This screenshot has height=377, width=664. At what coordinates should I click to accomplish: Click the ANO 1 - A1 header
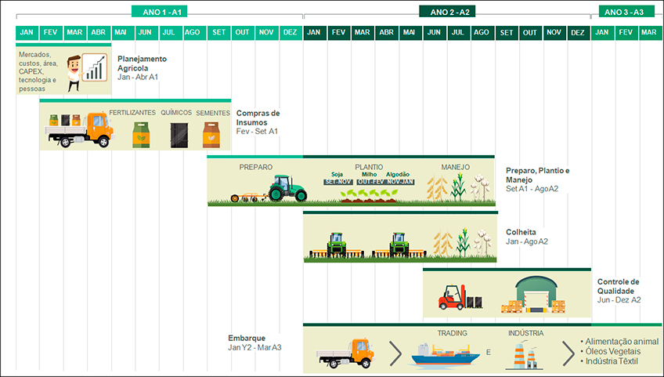point(160,12)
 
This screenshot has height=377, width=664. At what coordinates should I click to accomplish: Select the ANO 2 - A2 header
point(447,12)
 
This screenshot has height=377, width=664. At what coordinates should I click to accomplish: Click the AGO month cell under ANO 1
point(192,32)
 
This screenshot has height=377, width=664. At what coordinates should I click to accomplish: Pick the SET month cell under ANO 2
point(507,32)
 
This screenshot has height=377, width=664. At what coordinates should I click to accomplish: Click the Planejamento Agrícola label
point(142,63)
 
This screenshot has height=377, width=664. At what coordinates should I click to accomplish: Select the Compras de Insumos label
point(258,118)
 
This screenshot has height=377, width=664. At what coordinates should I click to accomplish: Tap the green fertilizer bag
point(141,135)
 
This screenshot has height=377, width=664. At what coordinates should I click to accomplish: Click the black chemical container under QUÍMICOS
point(179,135)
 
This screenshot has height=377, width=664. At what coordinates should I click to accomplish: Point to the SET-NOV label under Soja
point(337,182)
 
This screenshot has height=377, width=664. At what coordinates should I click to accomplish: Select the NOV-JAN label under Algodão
point(399,182)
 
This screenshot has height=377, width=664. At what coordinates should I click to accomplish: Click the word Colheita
point(521,232)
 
